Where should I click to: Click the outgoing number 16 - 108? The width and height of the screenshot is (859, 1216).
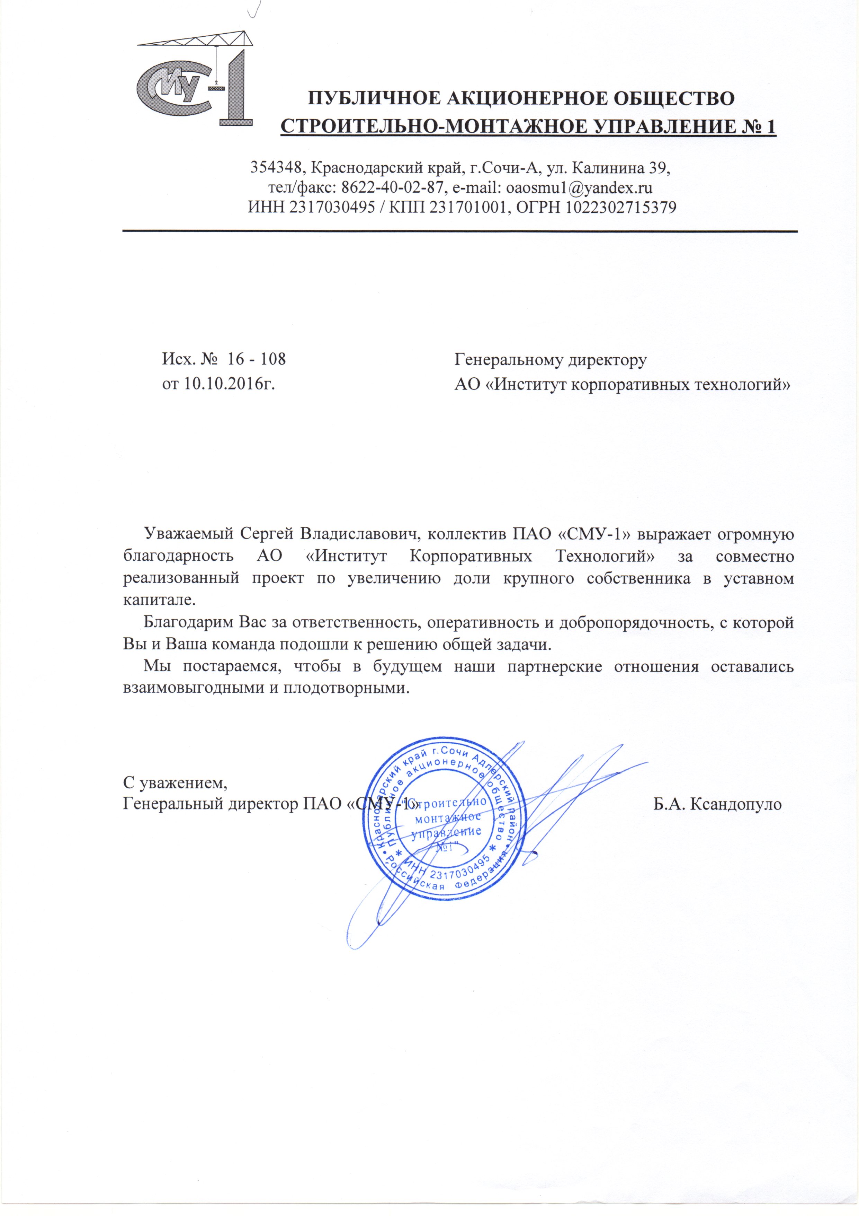point(256,360)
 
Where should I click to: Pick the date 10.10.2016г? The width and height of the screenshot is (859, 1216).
point(230,383)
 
